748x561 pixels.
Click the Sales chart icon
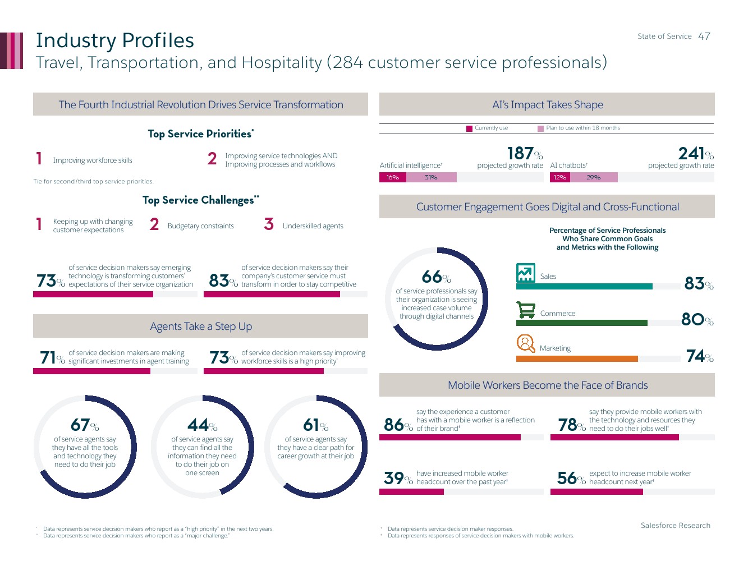click(526, 273)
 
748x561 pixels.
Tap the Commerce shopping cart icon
click(526, 310)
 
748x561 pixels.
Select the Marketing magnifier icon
click(526, 343)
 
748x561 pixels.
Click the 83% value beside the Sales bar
click(699, 283)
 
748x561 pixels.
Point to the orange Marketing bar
click(577, 358)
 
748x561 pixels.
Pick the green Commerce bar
click(581, 323)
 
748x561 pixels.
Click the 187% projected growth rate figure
click(525, 153)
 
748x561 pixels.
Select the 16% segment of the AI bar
click(393, 177)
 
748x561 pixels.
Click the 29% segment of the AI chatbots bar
click(594, 177)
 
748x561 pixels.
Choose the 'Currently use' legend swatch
click(470, 128)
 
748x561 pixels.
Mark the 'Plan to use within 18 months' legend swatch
click(541, 128)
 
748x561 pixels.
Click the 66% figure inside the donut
click(436, 277)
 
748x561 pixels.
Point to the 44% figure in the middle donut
click(202, 425)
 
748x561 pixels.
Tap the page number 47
click(704, 36)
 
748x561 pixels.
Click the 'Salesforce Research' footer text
click(676, 526)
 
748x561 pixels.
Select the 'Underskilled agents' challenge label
click(313, 226)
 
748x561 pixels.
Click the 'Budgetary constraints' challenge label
click(200, 226)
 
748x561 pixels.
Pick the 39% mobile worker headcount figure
click(398, 478)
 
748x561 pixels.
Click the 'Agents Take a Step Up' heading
click(201, 327)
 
